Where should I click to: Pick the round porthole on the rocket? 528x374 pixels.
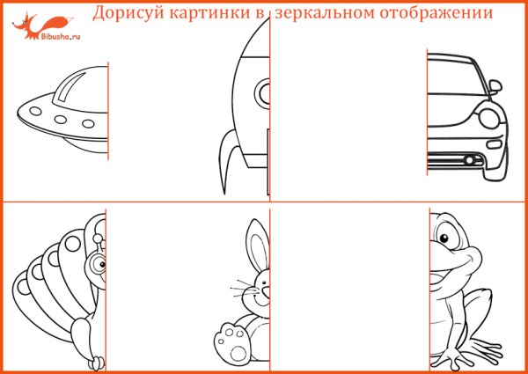(x=261, y=91)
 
